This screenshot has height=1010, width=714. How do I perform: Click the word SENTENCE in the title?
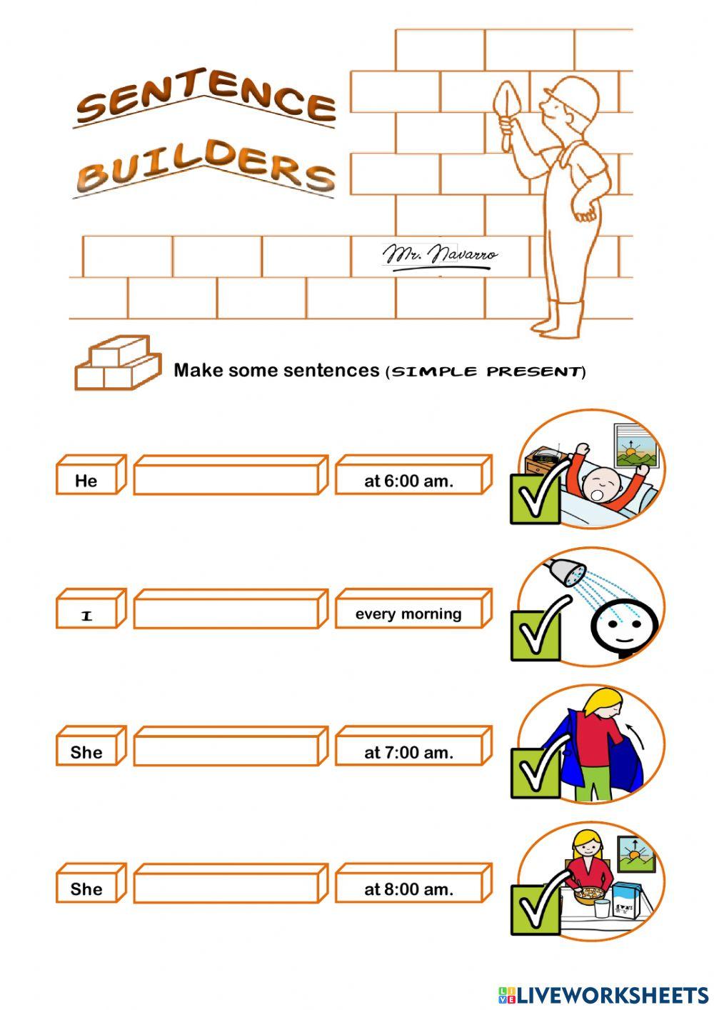(x=205, y=100)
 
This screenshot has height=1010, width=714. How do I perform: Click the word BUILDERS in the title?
(x=205, y=169)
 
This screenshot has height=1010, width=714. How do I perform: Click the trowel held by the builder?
(x=507, y=107)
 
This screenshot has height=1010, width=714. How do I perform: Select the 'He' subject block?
(x=86, y=481)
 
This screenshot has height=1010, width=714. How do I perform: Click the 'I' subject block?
(x=86, y=614)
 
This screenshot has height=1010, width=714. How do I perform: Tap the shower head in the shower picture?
(x=568, y=571)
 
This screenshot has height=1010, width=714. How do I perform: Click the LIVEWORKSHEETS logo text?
(x=610, y=995)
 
